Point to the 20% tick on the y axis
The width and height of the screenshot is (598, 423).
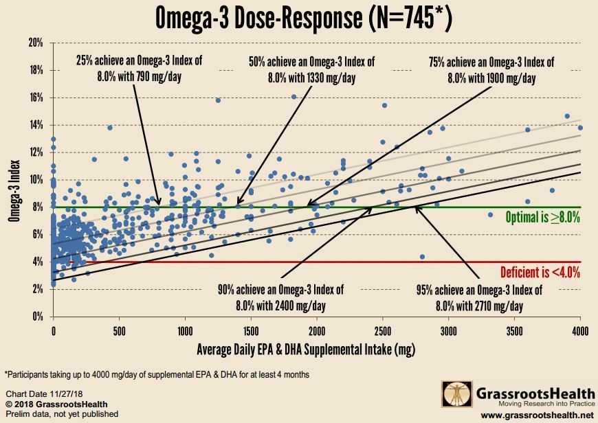36,43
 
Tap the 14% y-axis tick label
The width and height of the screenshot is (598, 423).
36,125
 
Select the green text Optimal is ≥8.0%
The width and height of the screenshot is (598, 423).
543,217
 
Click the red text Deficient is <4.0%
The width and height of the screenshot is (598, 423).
540,272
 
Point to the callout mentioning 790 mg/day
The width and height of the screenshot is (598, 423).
140,70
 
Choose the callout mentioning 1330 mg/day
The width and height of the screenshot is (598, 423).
311,70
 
